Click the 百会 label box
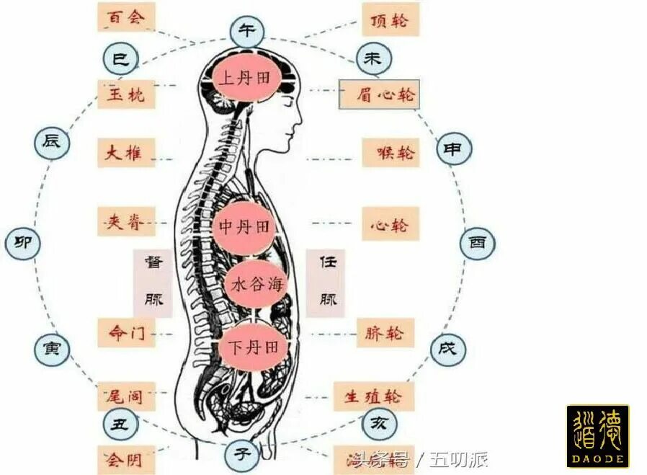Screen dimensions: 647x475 125,17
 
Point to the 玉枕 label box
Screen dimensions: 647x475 125,94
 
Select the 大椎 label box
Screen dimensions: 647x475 125,153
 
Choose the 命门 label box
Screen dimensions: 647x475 125,334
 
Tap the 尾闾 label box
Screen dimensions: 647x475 125,396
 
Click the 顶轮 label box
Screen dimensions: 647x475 390,20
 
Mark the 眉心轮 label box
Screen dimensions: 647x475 379,94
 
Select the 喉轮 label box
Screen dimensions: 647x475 391,153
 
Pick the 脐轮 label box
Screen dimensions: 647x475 385,334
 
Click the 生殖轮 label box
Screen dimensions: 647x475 375,396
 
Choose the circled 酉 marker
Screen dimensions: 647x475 478,242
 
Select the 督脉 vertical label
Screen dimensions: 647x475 153,283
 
